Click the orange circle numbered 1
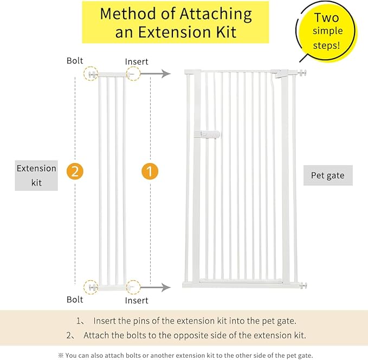pos(150,171)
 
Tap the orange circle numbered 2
pos(75,171)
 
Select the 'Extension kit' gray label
pos(36,175)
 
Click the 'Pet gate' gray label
pos(327,175)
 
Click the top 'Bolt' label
pos(75,60)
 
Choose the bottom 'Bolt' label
pos(75,299)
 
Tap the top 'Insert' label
pos(137,62)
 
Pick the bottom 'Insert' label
pos(137,300)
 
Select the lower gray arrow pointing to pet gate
pos(159,286)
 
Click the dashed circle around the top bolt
pos(91,74)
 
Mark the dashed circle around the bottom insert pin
pos(132,286)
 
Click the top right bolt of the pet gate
pos(304,72)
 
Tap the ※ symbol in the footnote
pos(61,355)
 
